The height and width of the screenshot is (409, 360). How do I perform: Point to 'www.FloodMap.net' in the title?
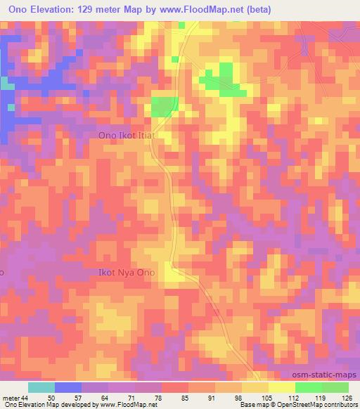pos(206,9)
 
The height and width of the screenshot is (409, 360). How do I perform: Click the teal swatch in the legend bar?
pos(41,387)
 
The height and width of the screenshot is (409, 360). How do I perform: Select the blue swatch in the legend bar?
pos(68,387)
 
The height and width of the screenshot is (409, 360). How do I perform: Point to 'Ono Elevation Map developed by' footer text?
pos(49,405)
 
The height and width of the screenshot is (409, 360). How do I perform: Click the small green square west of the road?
pos(164,106)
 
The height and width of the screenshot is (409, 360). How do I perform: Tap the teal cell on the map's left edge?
pos(6,84)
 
